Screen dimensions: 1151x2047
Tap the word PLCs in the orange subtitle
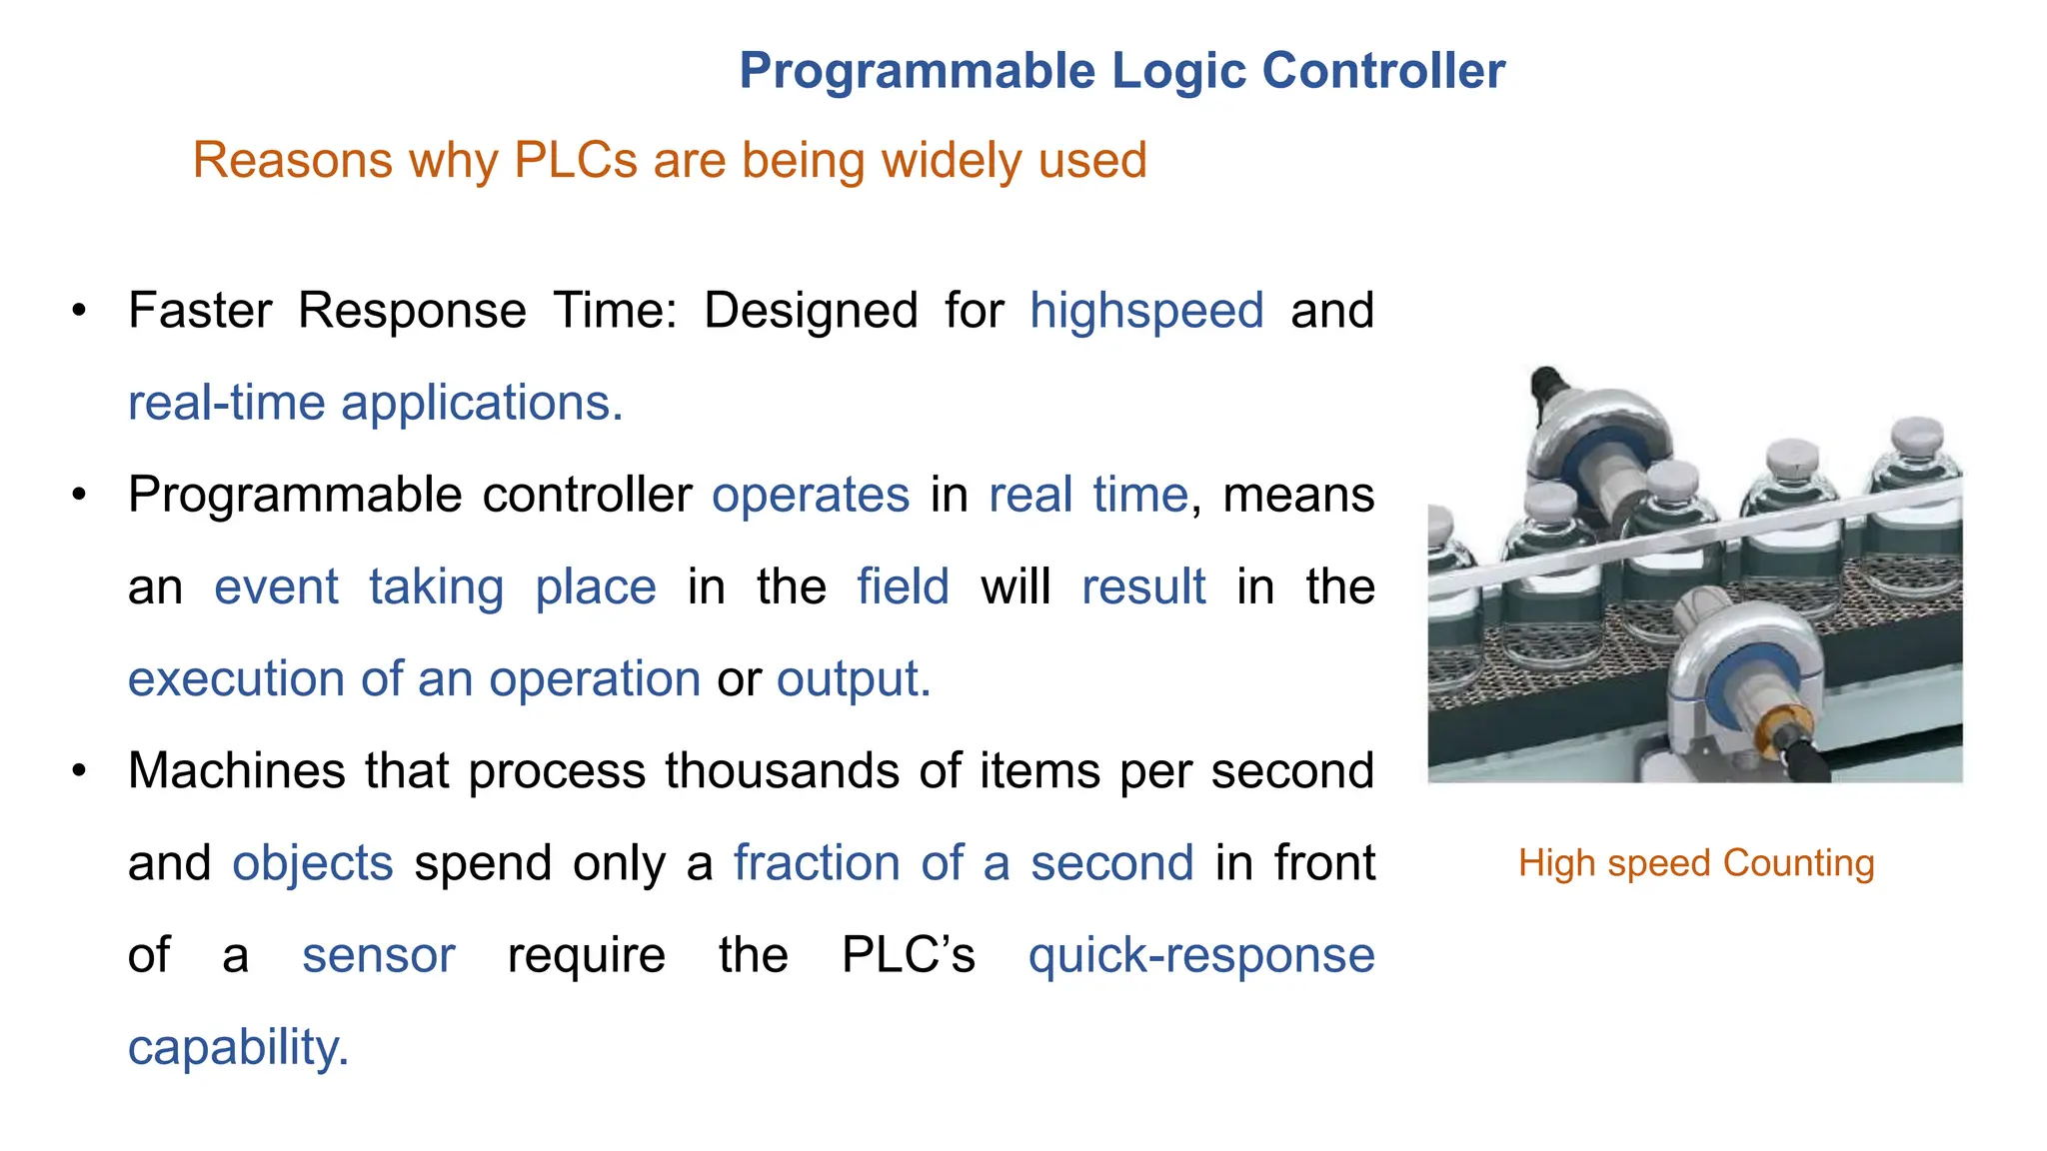(575, 160)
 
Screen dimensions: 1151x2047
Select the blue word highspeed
(1146, 311)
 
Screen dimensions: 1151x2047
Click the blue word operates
(810, 495)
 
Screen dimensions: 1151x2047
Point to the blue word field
(903, 586)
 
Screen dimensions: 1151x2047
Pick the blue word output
(853, 679)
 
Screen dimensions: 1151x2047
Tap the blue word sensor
(379, 955)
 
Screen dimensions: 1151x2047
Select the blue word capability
(238, 1047)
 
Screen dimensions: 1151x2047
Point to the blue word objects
(313, 863)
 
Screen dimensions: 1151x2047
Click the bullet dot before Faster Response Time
(79, 311)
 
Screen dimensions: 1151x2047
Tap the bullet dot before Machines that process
(79, 771)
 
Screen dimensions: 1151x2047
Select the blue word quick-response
(1201, 955)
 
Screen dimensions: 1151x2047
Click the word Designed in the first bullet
(811, 311)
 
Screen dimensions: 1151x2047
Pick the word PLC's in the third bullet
(908, 955)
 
